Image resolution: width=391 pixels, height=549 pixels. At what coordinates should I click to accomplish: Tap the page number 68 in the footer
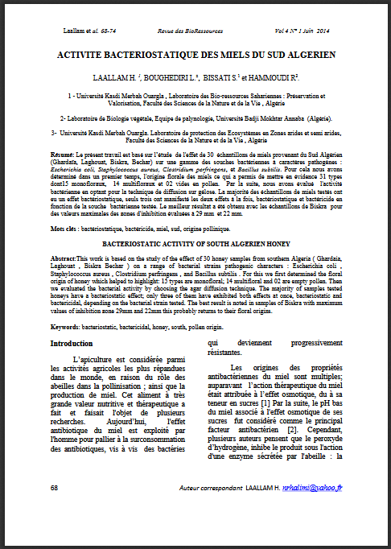[x=54, y=488]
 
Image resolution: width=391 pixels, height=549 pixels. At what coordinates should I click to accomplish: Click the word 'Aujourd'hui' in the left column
[x=101, y=444]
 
